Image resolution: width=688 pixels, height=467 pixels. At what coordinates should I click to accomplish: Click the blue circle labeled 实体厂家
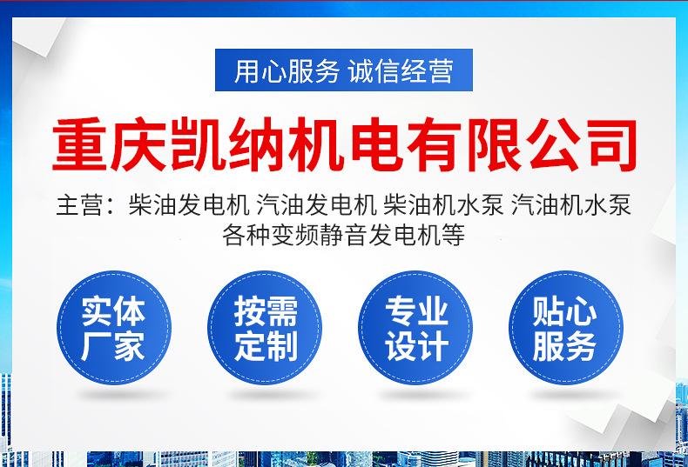point(113,328)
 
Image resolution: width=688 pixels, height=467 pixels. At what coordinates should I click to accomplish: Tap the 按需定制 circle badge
point(265,328)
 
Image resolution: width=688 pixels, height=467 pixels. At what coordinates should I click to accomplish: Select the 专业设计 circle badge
point(415,328)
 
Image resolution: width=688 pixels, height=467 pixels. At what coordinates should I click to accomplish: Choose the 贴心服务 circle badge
point(565,328)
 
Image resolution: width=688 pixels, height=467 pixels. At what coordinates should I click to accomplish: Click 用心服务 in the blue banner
point(287,71)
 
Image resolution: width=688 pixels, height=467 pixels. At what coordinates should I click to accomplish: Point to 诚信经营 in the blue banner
point(401,71)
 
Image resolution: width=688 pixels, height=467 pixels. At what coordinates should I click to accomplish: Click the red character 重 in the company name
point(80,144)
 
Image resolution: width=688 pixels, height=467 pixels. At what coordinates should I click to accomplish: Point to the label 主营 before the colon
point(80,205)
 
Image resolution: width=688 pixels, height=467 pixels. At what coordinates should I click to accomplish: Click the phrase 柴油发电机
point(189,205)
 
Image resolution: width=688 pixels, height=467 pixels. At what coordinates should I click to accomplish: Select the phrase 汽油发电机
point(316,205)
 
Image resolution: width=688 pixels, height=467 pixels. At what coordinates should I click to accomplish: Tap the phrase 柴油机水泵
point(443,205)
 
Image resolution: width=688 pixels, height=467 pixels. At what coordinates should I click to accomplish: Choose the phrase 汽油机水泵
point(571,205)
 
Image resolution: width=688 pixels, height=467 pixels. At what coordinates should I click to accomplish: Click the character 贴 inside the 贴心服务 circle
point(548,311)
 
